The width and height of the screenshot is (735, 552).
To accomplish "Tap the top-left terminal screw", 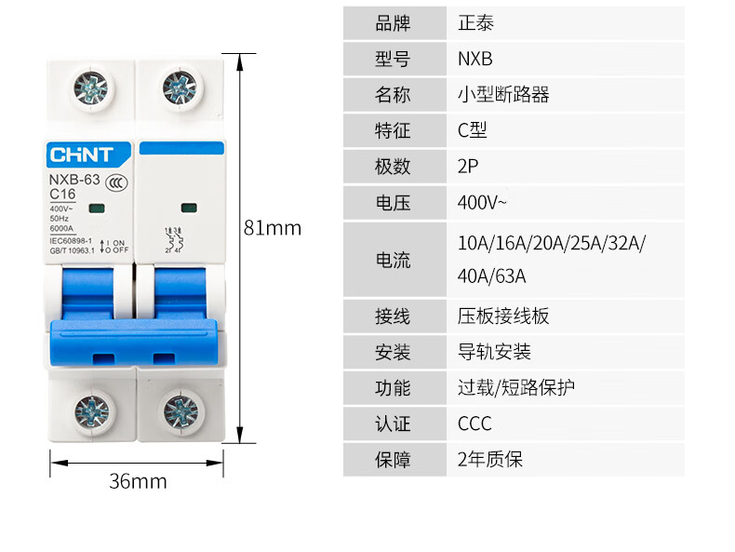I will [90, 88].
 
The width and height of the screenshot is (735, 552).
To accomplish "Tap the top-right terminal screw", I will [180, 88].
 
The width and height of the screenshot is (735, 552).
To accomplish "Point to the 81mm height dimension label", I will [273, 228].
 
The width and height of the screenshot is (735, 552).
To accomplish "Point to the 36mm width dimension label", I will [138, 481].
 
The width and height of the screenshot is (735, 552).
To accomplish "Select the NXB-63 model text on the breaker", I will [74, 180].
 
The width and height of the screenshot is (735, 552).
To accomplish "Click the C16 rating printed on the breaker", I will [62, 194].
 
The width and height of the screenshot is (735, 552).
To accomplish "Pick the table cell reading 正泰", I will [475, 23].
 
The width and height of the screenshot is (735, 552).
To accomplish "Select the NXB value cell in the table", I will [474, 60].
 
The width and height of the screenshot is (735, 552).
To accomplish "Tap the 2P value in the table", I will [468, 167].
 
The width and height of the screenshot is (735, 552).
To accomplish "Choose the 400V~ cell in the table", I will [482, 202].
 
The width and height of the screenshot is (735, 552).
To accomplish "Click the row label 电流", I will [393, 261].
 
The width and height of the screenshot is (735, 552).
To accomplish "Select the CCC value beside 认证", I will [474, 424].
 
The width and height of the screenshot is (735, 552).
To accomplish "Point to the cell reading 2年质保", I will [490, 459].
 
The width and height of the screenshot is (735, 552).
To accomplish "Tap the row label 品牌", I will [393, 23].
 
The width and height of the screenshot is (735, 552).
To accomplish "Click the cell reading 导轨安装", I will [494, 352].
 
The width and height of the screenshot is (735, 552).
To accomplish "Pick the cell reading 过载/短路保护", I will [515, 387].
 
